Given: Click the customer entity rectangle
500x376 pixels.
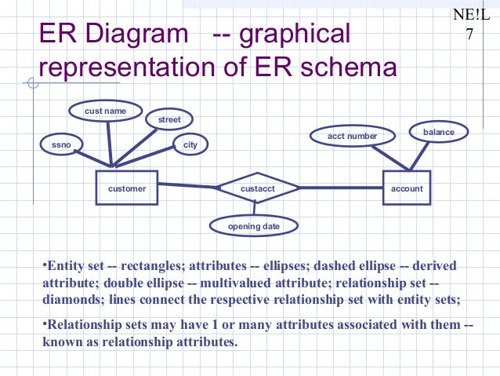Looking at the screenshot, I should pyautogui.click(x=127, y=188).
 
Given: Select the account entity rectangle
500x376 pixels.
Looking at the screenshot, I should pyautogui.click(x=407, y=188).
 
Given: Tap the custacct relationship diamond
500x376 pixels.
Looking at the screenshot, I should pyautogui.click(x=257, y=188).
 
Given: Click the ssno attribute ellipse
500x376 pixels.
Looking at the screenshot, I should pyautogui.click(x=61, y=145).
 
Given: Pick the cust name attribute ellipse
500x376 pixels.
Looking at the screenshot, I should pyautogui.click(x=105, y=111).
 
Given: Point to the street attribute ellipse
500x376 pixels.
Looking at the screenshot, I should pyautogui.click(x=169, y=119).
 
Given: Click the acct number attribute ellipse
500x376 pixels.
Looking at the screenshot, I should pyautogui.click(x=352, y=136).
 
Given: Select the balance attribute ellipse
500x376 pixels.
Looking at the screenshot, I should pyautogui.click(x=438, y=132).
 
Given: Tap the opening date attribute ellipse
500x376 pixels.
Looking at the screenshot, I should pyautogui.click(x=254, y=226).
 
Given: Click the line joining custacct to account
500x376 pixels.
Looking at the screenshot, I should pyautogui.click(x=341, y=188).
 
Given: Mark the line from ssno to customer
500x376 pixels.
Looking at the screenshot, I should pyautogui.click(x=92, y=159).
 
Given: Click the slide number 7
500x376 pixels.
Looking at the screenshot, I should pyautogui.click(x=469, y=35).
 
